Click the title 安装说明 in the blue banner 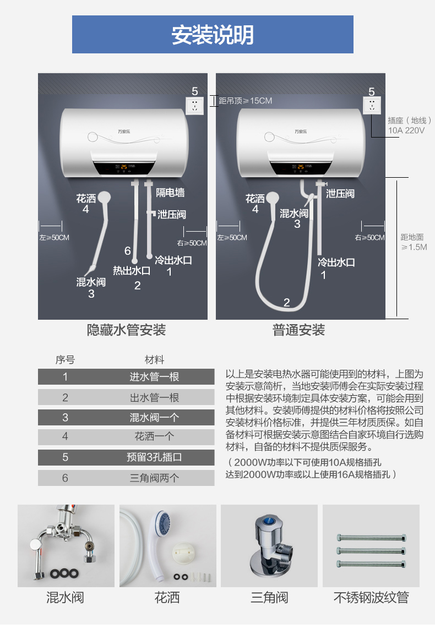click(x=213, y=35)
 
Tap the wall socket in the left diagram click(x=195, y=106)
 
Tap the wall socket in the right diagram click(x=372, y=106)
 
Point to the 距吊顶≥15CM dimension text click(x=246, y=101)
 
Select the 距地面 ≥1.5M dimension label click(x=414, y=242)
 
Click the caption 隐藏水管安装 click(x=126, y=330)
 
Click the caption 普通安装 click(x=298, y=330)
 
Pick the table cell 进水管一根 click(x=154, y=377)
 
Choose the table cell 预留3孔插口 click(x=154, y=457)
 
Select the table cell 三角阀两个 click(x=154, y=478)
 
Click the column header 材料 click(x=154, y=360)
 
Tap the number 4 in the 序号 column click(x=65, y=437)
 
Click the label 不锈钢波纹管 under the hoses click(x=371, y=598)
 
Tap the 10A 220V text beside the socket click(x=406, y=131)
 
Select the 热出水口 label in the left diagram click(x=132, y=270)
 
